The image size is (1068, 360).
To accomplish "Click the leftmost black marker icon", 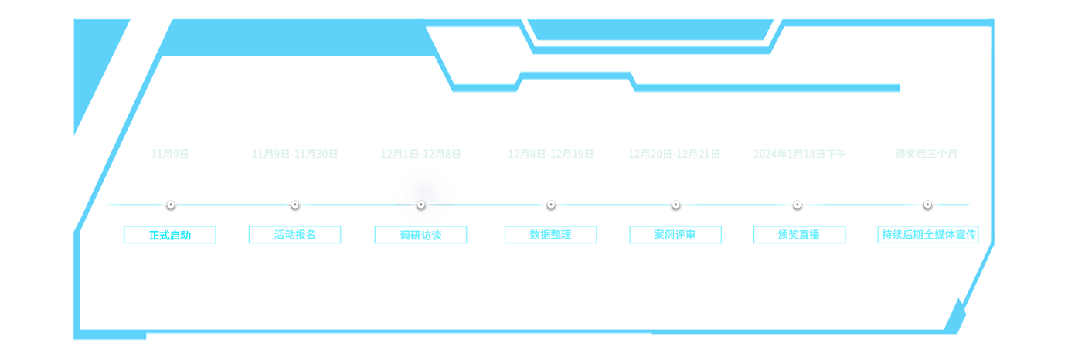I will click(171, 207).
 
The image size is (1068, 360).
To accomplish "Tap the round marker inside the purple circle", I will click(421, 205).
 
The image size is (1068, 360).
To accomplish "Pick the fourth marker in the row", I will click(550, 207).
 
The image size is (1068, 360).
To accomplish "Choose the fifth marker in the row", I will click(675, 207).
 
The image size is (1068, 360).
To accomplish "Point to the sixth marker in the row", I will click(797, 207).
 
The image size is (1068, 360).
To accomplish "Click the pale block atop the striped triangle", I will click(944, 289).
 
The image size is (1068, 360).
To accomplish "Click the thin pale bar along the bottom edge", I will click(398, 336).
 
